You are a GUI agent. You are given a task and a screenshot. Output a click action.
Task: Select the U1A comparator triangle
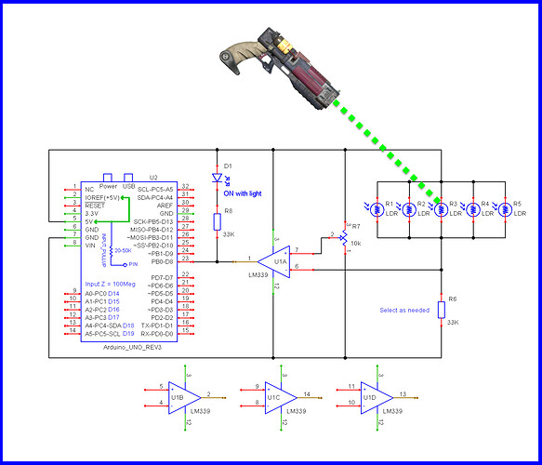(271, 259)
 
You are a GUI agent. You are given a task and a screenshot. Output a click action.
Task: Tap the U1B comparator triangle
(185, 392)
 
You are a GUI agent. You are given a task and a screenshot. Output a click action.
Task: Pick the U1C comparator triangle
(276, 392)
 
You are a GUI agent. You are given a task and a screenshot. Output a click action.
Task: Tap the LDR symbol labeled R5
(503, 209)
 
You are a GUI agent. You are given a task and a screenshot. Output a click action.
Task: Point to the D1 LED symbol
(216, 177)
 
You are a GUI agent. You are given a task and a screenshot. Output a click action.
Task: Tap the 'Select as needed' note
(404, 310)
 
